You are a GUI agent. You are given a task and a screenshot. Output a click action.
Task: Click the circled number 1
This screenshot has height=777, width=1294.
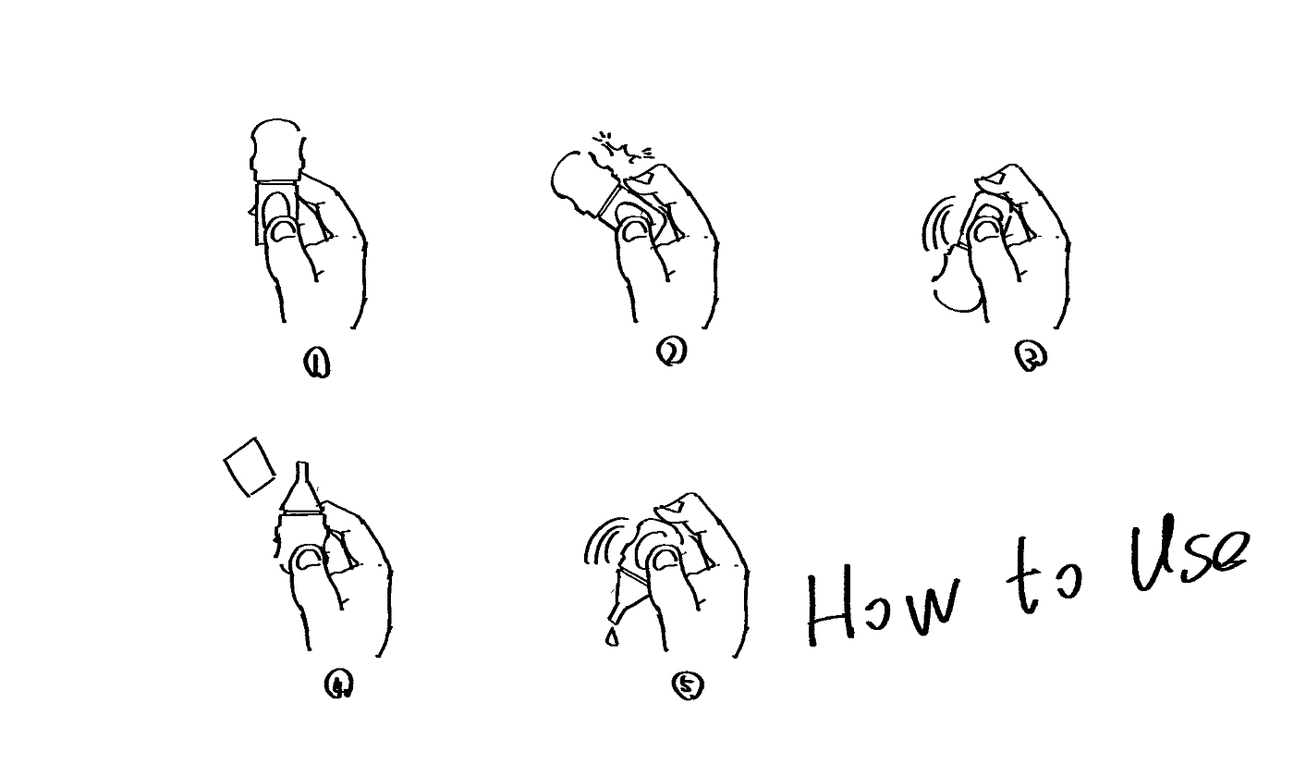(316, 365)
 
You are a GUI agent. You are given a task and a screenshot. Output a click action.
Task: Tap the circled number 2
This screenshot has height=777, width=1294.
(672, 351)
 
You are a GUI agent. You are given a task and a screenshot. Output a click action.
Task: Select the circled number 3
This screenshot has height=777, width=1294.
(1031, 357)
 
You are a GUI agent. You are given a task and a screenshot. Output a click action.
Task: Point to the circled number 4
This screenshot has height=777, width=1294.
(338, 685)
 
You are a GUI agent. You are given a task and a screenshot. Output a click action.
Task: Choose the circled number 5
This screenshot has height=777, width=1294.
(688, 685)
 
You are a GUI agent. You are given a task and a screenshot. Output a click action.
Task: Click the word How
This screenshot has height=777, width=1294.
(882, 609)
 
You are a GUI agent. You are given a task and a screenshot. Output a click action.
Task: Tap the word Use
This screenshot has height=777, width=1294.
(1188, 552)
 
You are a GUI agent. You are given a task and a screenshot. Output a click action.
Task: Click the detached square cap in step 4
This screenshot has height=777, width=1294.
(249, 467)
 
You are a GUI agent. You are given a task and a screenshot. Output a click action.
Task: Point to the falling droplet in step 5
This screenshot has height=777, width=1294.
(612, 637)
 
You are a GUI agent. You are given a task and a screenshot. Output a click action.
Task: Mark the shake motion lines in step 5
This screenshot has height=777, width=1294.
(603, 540)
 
